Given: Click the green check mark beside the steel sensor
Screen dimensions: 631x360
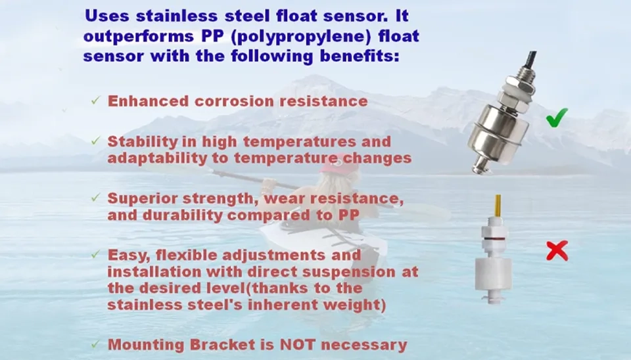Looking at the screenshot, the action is click(557, 118).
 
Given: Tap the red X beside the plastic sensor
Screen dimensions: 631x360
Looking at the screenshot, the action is click(557, 250).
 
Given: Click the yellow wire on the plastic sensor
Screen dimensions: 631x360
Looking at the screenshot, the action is click(498, 206).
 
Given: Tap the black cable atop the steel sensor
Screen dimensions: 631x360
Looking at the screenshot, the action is click(531, 60).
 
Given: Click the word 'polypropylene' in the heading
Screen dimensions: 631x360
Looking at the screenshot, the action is click(302, 37).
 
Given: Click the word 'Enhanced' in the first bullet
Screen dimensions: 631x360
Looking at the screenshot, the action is click(148, 101).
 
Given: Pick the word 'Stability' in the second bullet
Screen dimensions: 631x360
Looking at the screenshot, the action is click(143, 142).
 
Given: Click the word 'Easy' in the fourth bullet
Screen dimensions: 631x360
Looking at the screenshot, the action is click(128, 256).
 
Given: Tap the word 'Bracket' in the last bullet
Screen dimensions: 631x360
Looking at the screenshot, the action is click(223, 345).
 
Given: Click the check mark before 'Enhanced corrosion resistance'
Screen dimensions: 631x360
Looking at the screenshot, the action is click(95, 100).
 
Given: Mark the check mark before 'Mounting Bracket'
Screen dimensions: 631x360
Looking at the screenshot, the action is click(95, 344).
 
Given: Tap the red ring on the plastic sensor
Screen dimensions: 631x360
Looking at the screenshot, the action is click(494, 238).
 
